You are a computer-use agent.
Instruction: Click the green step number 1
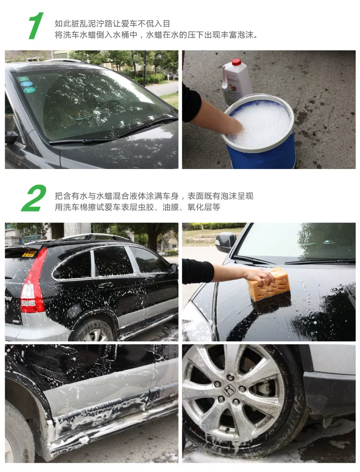[36, 26]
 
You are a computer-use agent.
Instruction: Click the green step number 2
[34, 198]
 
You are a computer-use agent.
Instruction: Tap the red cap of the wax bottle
[236, 62]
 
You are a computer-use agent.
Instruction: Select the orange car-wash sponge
[269, 285]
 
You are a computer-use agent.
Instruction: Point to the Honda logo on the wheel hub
[229, 390]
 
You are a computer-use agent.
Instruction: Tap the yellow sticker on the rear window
[29, 254]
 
